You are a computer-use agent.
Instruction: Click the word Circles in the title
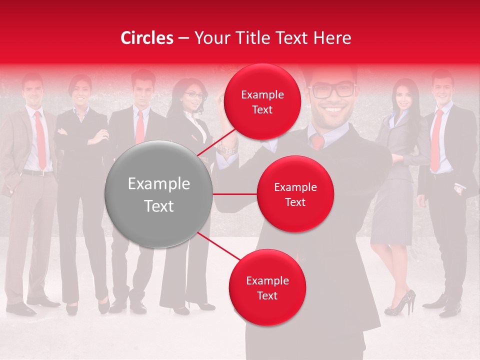(x=147, y=38)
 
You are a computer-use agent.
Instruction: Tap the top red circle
(x=262, y=101)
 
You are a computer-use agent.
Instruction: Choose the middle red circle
(x=295, y=194)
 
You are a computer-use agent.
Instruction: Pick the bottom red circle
(x=267, y=287)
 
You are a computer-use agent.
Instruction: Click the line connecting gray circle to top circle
(x=217, y=143)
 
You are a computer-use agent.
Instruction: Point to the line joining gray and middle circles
(x=235, y=194)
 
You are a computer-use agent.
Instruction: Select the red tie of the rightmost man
(x=436, y=140)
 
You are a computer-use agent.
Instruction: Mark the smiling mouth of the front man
(x=333, y=109)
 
